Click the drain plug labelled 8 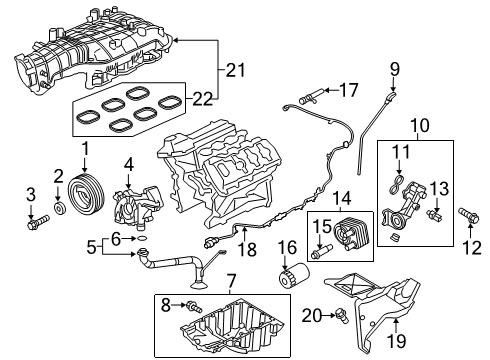coord(194,306)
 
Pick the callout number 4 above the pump coord(128,162)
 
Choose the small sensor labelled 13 coord(434,217)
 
